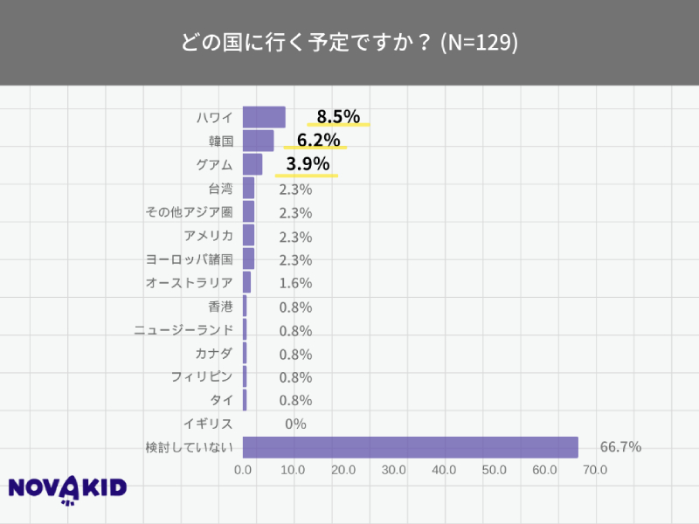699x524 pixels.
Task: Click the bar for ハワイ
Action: [264, 117]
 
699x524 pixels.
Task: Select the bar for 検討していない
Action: [410, 447]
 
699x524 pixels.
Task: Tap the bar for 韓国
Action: [258, 141]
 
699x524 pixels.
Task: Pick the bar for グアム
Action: [253, 164]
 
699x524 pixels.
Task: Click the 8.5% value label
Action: [338, 116]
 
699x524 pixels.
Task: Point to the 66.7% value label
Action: [620, 447]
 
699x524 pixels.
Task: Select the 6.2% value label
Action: [318, 140]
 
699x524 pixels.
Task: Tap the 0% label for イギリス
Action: [295, 424]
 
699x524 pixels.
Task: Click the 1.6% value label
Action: [295, 283]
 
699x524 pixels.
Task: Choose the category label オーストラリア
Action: [189, 283]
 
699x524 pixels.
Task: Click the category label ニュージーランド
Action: [183, 330]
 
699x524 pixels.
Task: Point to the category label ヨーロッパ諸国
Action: [190, 259]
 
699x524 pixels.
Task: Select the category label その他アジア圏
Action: [189, 212]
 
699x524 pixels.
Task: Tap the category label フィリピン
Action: [202, 377]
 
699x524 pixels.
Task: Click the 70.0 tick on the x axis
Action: [595, 470]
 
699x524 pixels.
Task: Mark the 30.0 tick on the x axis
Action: [394, 470]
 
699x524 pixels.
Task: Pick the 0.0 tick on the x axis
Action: [244, 470]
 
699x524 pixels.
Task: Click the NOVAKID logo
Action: [67, 489]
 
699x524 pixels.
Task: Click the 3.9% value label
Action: [308, 163]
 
